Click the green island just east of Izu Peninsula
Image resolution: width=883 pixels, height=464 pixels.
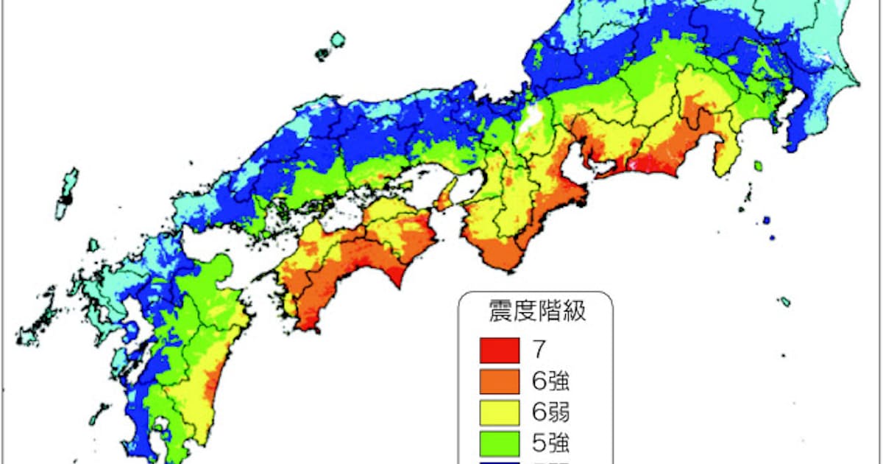click(756, 166)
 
